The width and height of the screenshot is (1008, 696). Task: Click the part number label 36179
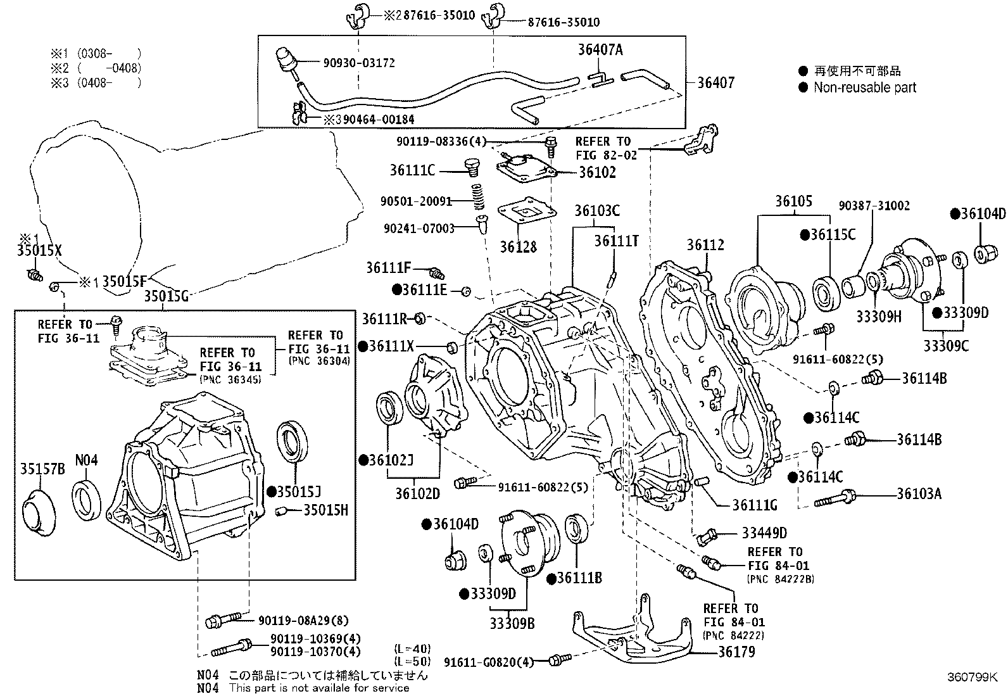click(x=736, y=652)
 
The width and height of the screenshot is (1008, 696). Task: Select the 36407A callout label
click(x=600, y=49)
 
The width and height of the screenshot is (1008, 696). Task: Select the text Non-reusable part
click(x=865, y=88)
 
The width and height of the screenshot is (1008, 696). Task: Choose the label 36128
click(x=518, y=247)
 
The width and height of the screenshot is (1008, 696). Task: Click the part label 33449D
click(x=764, y=533)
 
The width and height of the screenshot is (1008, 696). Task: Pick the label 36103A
click(x=919, y=493)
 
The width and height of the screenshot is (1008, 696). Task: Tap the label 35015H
click(x=325, y=510)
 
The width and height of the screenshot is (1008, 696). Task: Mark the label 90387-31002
click(x=874, y=206)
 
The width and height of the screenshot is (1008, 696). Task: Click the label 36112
click(x=705, y=245)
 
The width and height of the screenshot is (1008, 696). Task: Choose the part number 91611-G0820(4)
click(x=488, y=662)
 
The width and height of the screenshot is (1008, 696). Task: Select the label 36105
click(x=793, y=201)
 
